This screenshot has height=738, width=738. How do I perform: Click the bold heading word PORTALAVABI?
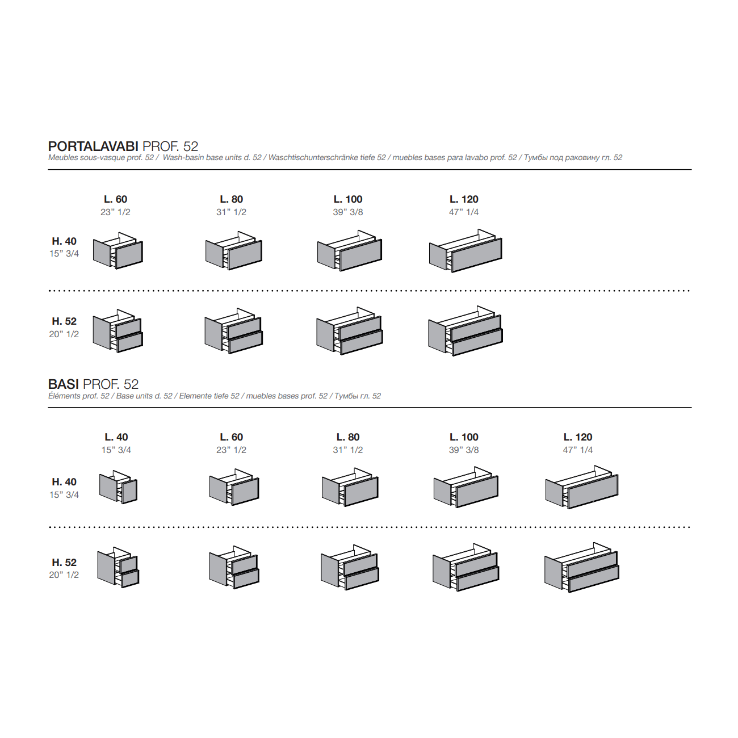tap(93, 146)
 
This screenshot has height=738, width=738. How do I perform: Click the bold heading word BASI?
tap(64, 384)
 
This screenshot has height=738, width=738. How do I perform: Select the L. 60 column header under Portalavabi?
tap(115, 199)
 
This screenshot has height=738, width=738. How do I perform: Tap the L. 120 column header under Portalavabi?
tap(464, 199)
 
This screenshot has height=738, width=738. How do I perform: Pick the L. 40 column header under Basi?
tap(116, 437)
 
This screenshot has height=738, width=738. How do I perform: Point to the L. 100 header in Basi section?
tap(464, 437)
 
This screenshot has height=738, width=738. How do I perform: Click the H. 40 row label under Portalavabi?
tap(64, 241)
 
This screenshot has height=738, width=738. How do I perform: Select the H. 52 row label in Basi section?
tap(64, 562)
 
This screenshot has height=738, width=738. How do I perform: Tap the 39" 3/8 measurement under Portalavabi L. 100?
tap(348, 212)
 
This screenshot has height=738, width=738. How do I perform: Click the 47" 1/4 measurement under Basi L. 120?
tap(577, 450)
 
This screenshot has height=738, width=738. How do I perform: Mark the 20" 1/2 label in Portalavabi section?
tap(64, 334)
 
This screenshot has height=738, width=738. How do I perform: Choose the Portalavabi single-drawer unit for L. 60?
tap(118, 250)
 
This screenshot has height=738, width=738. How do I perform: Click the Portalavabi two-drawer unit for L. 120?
tap(466, 331)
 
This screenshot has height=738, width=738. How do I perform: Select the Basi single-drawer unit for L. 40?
tap(118, 487)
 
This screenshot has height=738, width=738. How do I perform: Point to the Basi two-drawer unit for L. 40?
tap(118, 567)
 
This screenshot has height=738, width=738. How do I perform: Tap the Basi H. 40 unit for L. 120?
tap(582, 487)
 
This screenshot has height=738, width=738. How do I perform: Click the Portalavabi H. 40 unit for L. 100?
tap(350, 251)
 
